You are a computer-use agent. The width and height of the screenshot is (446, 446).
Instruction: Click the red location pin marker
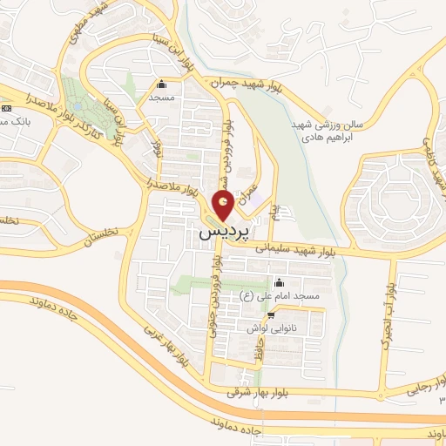[x=224, y=206]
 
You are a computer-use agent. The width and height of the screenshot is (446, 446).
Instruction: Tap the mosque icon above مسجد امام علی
[x=279, y=283]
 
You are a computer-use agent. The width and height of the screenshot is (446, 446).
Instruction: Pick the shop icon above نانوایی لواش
[x=272, y=314]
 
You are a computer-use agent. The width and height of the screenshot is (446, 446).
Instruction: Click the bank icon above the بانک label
[x=8, y=107]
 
